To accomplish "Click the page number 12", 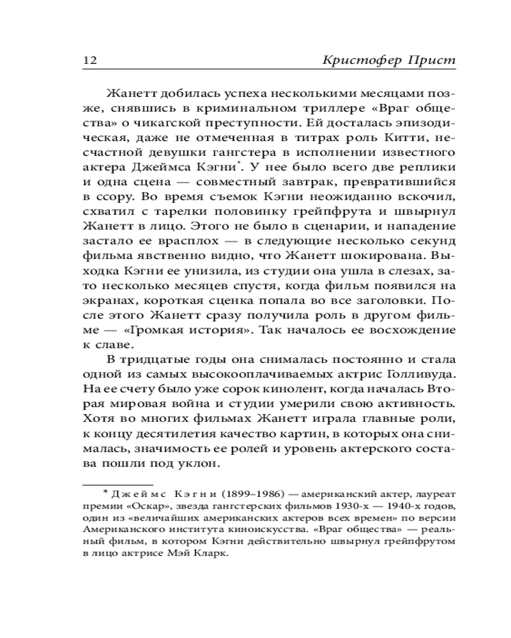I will pyautogui.click(x=89, y=61).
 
